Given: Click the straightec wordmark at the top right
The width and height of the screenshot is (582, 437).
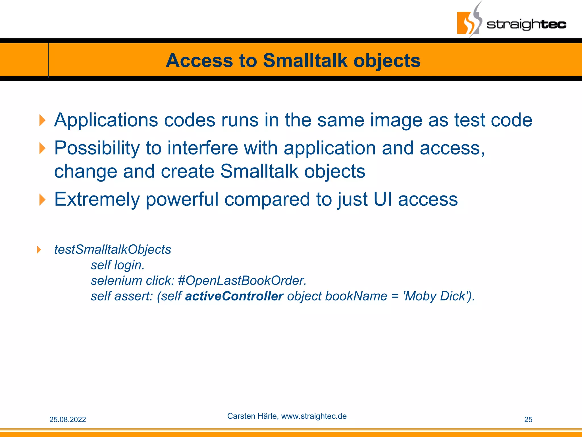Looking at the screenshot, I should coord(526,24).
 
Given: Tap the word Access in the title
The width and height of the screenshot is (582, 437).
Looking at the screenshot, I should coord(199,61).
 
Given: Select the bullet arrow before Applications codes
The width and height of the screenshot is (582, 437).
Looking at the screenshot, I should coord(42,120).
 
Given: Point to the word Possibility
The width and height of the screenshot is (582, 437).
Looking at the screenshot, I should coord(97,148).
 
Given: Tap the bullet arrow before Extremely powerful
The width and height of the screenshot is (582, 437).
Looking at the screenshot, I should coord(42,199).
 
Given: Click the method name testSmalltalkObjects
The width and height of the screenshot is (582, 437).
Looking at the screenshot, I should coord(113,250).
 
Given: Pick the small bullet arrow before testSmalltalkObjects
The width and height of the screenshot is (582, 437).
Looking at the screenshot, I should coord(39,250).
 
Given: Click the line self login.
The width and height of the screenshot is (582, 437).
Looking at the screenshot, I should coord(118,265).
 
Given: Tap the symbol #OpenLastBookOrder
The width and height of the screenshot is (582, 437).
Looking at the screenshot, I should coord(242,281).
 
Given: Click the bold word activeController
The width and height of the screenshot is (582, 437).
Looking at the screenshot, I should coord(234,296).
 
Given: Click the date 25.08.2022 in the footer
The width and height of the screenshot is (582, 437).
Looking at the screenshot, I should coord(68,420).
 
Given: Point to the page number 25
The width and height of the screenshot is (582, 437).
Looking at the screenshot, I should coord(528,420).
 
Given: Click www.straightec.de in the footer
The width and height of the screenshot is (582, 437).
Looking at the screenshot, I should coord(314,416).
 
